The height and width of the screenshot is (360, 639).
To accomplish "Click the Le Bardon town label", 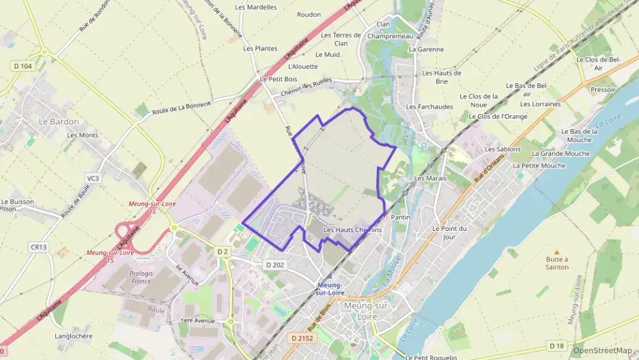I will (x=59, y=122).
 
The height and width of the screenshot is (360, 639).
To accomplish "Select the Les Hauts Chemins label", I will (x=352, y=230).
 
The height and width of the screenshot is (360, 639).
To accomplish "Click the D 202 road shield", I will (x=274, y=264).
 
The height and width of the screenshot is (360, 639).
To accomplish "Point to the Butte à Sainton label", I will (x=558, y=263).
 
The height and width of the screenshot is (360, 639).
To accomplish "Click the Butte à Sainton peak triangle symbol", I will (x=557, y=251).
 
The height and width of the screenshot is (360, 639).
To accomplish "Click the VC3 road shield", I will (x=93, y=178).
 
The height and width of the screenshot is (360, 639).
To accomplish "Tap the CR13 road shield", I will (x=38, y=246).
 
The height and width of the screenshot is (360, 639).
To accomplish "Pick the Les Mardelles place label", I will (x=256, y=7).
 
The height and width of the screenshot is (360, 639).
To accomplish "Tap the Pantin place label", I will (x=400, y=217).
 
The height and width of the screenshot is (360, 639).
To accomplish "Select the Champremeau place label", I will (x=386, y=36).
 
